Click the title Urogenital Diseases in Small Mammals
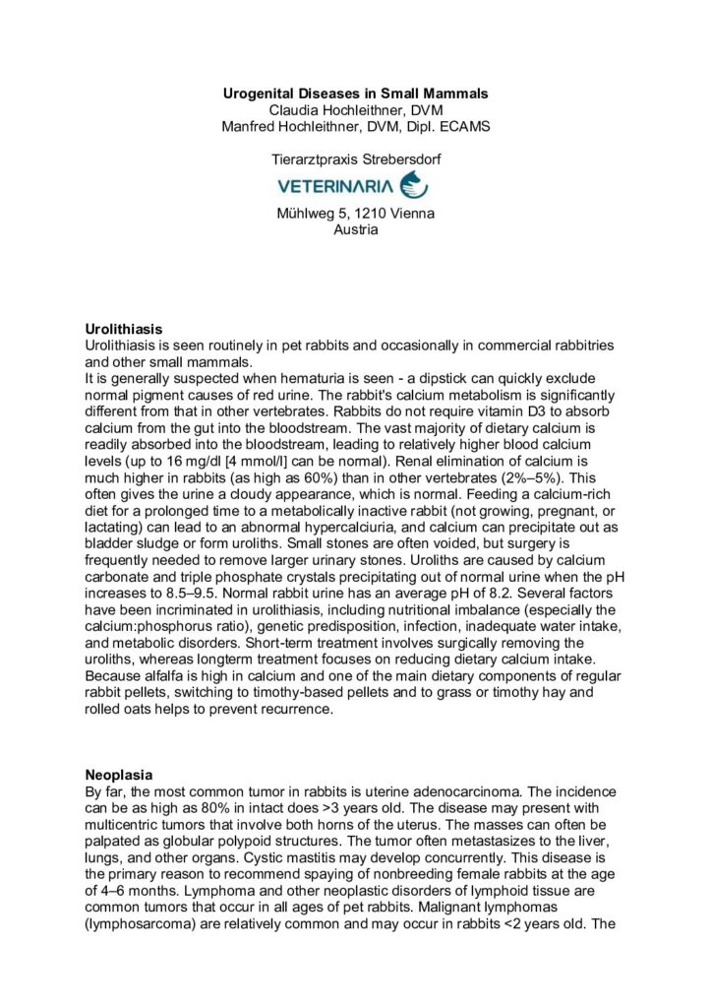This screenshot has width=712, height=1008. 356,94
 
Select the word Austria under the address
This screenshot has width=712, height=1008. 356,229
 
